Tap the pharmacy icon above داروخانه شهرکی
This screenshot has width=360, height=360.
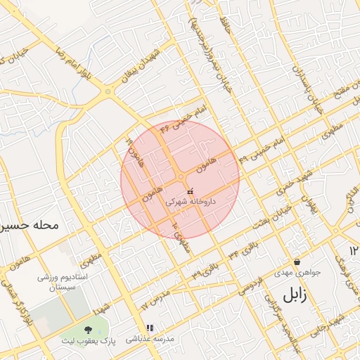click(x=190, y=191)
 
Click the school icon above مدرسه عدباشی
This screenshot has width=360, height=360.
click(x=149, y=328)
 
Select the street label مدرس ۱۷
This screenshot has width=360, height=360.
click(x=155, y=300)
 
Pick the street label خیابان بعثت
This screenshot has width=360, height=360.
click(x=267, y=215)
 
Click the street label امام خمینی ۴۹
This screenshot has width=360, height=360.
click(x=263, y=149)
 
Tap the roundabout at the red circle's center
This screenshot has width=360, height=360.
click(x=181, y=177)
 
